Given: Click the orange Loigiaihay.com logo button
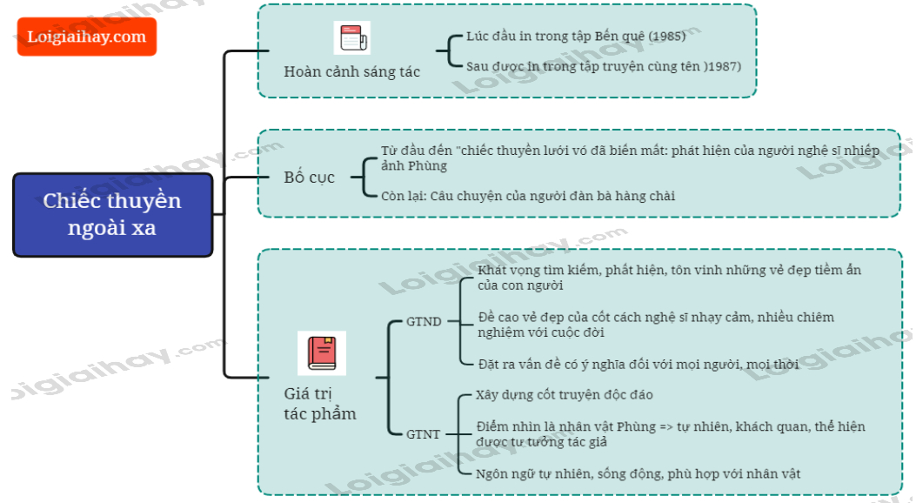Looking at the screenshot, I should [86, 37].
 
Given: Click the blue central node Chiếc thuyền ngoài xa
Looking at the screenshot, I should [112, 214].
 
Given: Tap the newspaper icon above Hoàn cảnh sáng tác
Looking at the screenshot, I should [351, 38].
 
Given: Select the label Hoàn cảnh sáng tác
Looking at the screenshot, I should [351, 71].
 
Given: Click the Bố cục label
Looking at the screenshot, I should [309, 178].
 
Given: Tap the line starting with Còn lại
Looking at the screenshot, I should [527, 196].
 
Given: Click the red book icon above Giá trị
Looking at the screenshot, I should [321, 352].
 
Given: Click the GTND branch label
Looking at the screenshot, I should [424, 321].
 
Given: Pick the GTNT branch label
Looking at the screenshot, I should [424, 433].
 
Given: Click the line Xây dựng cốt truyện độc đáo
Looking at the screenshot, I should [564, 394].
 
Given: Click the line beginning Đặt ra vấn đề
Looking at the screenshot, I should [638, 364].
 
